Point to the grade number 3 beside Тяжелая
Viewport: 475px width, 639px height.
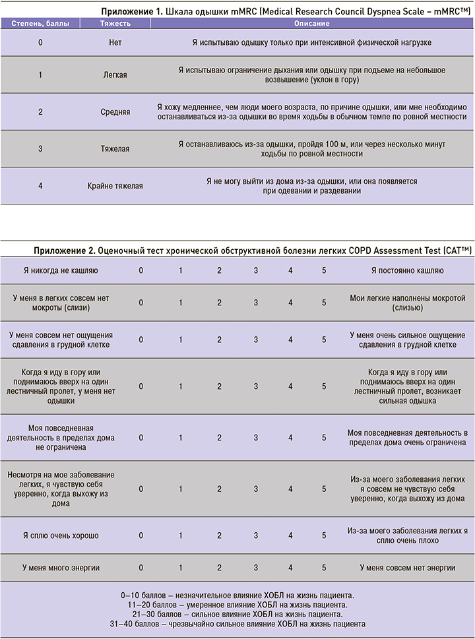[40, 149]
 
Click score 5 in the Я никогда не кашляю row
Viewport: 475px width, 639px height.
[324, 270]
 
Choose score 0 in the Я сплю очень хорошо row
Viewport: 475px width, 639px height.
[141, 535]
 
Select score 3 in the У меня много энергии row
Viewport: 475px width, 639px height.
[256, 567]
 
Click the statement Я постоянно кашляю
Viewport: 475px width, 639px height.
[407, 270]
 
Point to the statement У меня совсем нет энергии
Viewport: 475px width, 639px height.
[407, 567]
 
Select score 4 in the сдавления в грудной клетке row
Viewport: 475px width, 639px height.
[290, 340]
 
